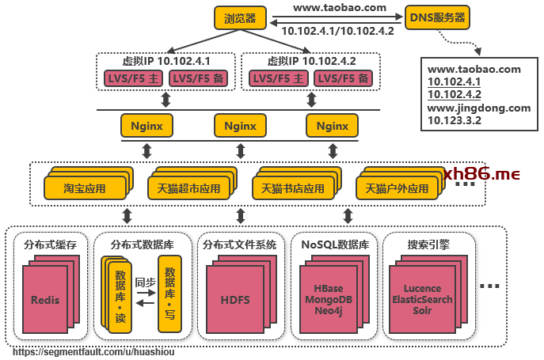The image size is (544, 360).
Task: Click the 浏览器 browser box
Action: pyautogui.click(x=240, y=17)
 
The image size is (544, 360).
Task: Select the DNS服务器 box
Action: pyautogui.click(x=436, y=17)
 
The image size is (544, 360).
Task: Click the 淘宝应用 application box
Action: pyautogui.click(x=85, y=189)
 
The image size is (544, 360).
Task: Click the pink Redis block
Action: pyautogui.click(x=45, y=300)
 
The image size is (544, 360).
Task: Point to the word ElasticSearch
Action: pyautogui.click(x=422, y=300)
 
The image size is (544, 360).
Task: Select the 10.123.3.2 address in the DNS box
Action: pyautogui.click(x=455, y=121)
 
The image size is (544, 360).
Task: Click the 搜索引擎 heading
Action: pyautogui.click(x=428, y=244)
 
